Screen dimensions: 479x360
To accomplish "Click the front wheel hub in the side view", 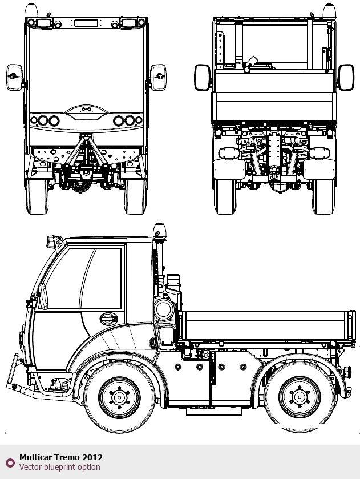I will [x=119, y=397].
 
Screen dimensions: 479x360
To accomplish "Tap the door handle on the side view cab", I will [x=107, y=318].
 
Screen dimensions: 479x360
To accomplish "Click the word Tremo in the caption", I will [x=67, y=457].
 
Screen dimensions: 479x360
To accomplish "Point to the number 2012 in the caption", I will [x=92, y=457].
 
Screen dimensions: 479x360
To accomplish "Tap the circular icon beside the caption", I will [x=10, y=462].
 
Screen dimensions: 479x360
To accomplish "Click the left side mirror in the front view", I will [x=14, y=77].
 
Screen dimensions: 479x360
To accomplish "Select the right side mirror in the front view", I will [x=158, y=77].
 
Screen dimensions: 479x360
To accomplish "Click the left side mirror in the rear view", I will [x=202, y=77].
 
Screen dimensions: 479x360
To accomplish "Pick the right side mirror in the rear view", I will [x=346, y=77].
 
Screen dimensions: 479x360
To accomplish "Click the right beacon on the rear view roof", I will [x=329, y=10].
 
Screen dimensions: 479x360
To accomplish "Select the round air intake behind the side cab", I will [x=164, y=310].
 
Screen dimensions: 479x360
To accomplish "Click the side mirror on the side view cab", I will [x=43, y=296].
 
